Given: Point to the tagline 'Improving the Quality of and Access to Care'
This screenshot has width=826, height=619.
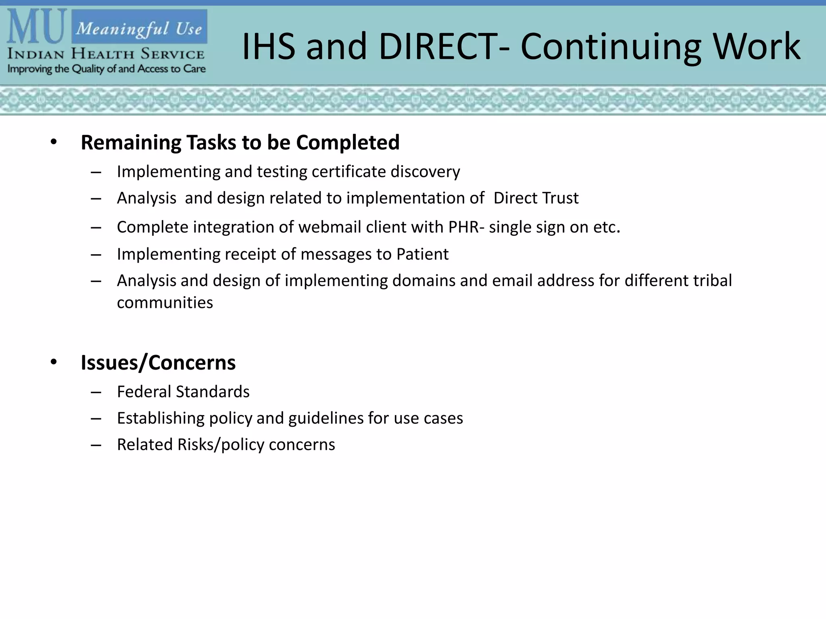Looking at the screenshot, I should pos(106,69).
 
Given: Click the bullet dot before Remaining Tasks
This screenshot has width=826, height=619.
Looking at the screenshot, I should pos(54,142).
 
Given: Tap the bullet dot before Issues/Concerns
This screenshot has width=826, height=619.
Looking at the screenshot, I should pos(54,362).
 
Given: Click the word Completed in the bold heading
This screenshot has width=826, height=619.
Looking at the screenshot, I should pos(348,142).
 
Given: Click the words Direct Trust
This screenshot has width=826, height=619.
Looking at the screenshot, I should pos(536,198).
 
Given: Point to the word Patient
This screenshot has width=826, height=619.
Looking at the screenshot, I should pos(422,254).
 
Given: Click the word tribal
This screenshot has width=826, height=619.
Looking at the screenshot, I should pos(712,280).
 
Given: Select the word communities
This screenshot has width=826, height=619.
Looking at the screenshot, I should pos(165,303).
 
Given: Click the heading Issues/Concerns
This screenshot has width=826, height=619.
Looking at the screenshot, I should pos(158,362).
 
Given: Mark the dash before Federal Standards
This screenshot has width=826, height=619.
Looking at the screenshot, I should pos(96,392).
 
